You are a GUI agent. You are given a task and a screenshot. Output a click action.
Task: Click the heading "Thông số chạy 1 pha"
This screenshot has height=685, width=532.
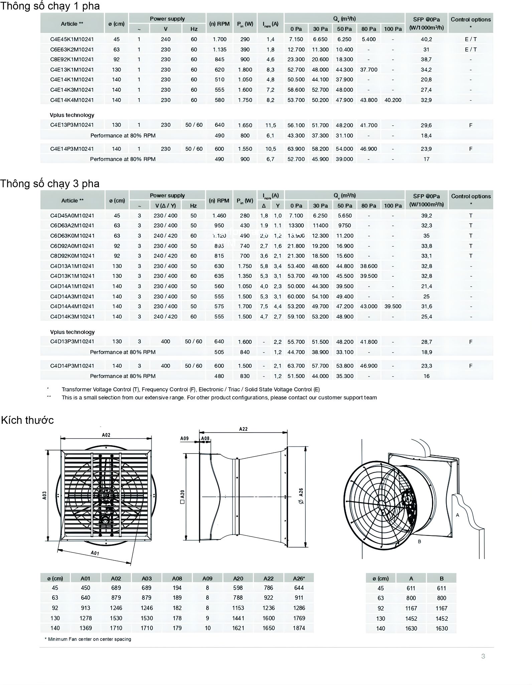(50, 6)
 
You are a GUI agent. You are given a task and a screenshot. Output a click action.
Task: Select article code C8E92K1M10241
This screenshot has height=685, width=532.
(72, 59)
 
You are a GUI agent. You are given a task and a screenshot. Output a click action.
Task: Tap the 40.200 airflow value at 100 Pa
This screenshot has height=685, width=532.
(393, 100)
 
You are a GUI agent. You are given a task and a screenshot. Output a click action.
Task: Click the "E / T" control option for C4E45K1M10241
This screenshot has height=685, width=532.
(471, 39)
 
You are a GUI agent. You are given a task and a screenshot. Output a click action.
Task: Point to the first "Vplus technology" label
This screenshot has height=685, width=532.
(72, 115)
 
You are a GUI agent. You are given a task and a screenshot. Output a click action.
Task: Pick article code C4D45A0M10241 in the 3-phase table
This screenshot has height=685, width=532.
(72, 216)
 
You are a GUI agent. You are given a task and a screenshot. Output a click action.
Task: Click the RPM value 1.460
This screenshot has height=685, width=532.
(219, 216)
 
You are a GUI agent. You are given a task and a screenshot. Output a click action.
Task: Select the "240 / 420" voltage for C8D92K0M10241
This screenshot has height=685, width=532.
(165, 256)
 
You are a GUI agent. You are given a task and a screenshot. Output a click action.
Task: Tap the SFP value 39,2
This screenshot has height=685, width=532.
(426, 216)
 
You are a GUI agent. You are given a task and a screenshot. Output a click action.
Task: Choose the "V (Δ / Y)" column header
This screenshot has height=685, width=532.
(165, 206)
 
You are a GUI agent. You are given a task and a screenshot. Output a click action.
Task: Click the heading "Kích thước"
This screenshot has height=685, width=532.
(27, 420)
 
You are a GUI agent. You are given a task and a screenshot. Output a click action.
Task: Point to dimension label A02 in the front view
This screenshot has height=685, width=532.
(106, 435)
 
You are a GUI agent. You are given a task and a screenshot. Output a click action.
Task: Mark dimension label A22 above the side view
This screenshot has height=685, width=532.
(243, 429)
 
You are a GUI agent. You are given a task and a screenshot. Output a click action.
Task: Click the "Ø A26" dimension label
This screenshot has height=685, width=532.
(301, 496)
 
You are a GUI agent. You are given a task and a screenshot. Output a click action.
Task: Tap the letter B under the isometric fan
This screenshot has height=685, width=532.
(419, 542)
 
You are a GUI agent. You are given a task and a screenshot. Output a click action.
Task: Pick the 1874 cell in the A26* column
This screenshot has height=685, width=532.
(299, 628)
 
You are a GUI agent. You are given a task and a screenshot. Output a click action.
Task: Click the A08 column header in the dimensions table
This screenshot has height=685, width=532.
(177, 578)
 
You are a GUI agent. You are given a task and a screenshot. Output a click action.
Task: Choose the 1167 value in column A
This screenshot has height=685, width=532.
(411, 608)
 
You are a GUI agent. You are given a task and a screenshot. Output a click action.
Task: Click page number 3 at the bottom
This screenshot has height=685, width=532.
(483, 656)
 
